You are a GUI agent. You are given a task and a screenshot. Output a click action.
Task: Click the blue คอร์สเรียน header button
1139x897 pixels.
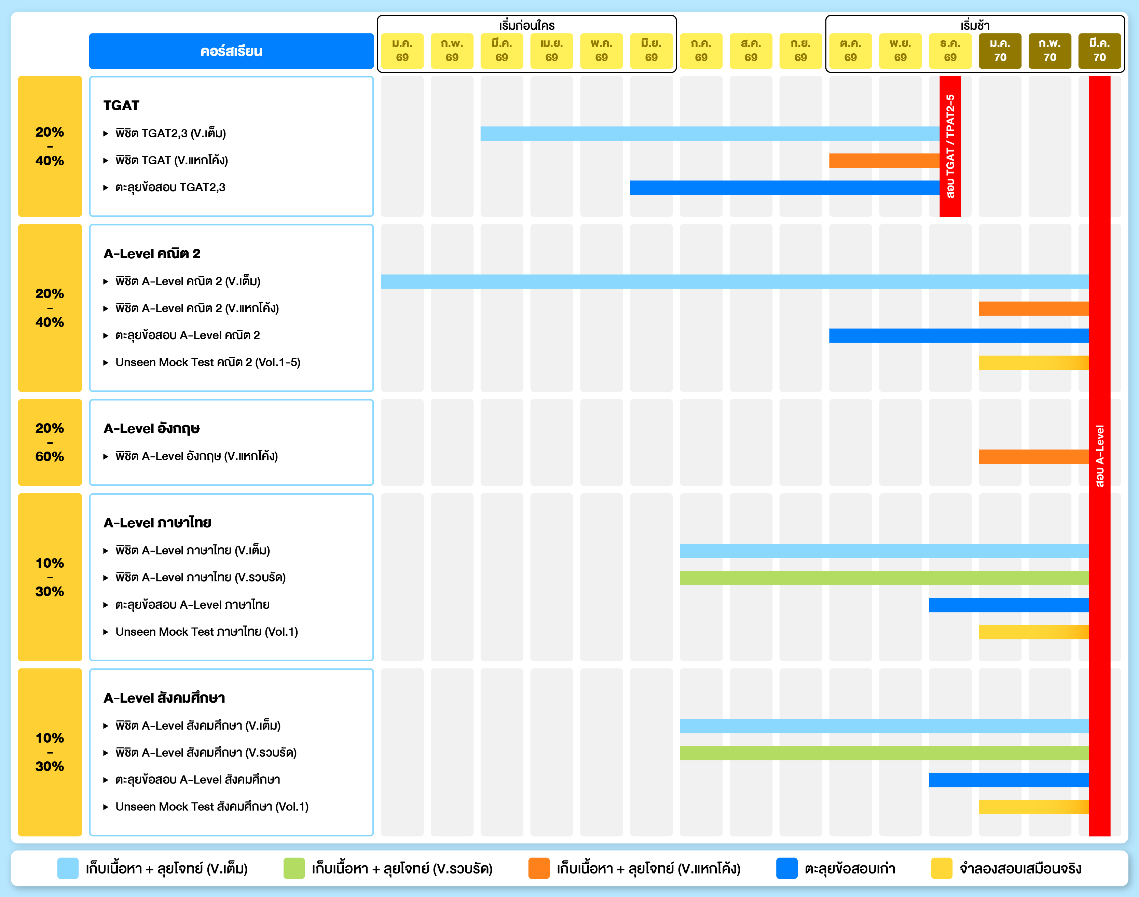tap(231, 51)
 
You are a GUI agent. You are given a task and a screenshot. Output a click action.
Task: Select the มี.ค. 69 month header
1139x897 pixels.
tap(502, 51)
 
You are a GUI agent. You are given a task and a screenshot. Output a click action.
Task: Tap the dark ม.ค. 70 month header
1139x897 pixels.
tap(1000, 51)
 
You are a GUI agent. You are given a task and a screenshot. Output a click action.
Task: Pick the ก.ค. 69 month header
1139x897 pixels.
tap(701, 51)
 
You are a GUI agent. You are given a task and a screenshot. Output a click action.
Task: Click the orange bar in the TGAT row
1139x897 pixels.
tap(884, 161)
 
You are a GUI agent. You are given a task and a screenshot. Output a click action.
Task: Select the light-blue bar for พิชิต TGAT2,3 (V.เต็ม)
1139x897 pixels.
tap(709, 134)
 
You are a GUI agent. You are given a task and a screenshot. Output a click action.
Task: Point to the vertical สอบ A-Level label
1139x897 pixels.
tap(1100, 456)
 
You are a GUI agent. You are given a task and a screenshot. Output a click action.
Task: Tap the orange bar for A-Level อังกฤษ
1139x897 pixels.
tap(1033, 456)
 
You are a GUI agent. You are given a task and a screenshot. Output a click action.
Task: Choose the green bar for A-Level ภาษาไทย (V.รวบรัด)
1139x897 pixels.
tap(884, 578)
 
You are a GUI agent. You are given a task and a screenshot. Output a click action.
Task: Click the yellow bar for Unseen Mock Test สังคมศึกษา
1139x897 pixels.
tap(1033, 807)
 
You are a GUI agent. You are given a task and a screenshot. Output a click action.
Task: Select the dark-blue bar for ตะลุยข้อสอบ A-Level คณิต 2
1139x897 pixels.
tap(958, 335)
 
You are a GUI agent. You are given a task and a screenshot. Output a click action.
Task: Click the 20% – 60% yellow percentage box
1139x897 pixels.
tap(50, 442)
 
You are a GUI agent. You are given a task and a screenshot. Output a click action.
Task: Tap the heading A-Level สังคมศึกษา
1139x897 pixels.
tap(164, 698)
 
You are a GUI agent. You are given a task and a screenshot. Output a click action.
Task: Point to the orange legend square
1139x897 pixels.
tap(539, 868)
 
